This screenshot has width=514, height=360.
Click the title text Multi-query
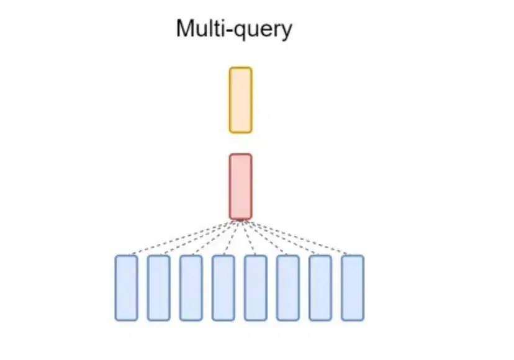tap(233, 29)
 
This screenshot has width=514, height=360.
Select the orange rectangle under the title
tap(240, 100)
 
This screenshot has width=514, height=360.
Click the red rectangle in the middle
tap(240, 186)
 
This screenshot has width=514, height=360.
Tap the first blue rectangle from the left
tap(126, 288)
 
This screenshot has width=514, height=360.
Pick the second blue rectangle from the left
tap(158, 288)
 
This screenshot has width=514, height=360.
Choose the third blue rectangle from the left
tap(191, 288)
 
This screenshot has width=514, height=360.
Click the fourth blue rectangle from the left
tap(223, 288)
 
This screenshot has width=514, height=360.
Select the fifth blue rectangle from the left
tap(255, 288)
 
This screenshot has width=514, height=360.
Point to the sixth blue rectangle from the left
tap(287, 288)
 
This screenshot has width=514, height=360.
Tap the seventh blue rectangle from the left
tap(320, 288)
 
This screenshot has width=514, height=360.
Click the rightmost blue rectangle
tap(352, 288)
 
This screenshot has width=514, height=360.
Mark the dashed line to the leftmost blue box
tap(180, 237)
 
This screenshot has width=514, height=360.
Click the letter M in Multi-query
tap(185, 29)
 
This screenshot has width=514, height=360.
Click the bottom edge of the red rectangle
tap(240, 218)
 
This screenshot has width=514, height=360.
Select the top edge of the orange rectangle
tap(240, 68)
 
